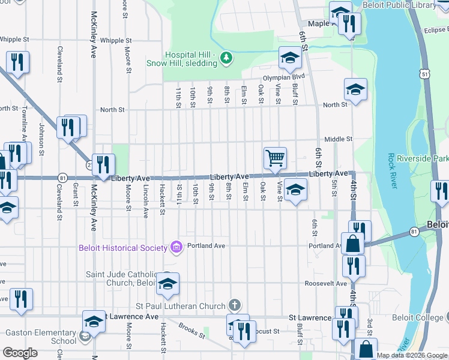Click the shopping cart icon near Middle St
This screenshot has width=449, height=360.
[x=275, y=158]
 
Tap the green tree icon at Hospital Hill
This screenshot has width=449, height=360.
[x=226, y=58]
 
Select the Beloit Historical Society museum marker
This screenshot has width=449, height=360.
[x=176, y=246]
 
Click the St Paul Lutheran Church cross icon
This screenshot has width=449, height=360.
[x=236, y=306]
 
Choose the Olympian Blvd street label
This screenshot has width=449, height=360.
[x=284, y=77]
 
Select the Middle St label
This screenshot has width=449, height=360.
[x=338, y=139]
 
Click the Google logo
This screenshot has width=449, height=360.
[x=20, y=353]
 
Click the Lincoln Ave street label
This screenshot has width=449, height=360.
[x=145, y=201]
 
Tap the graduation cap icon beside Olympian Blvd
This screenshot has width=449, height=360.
[x=289, y=58]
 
